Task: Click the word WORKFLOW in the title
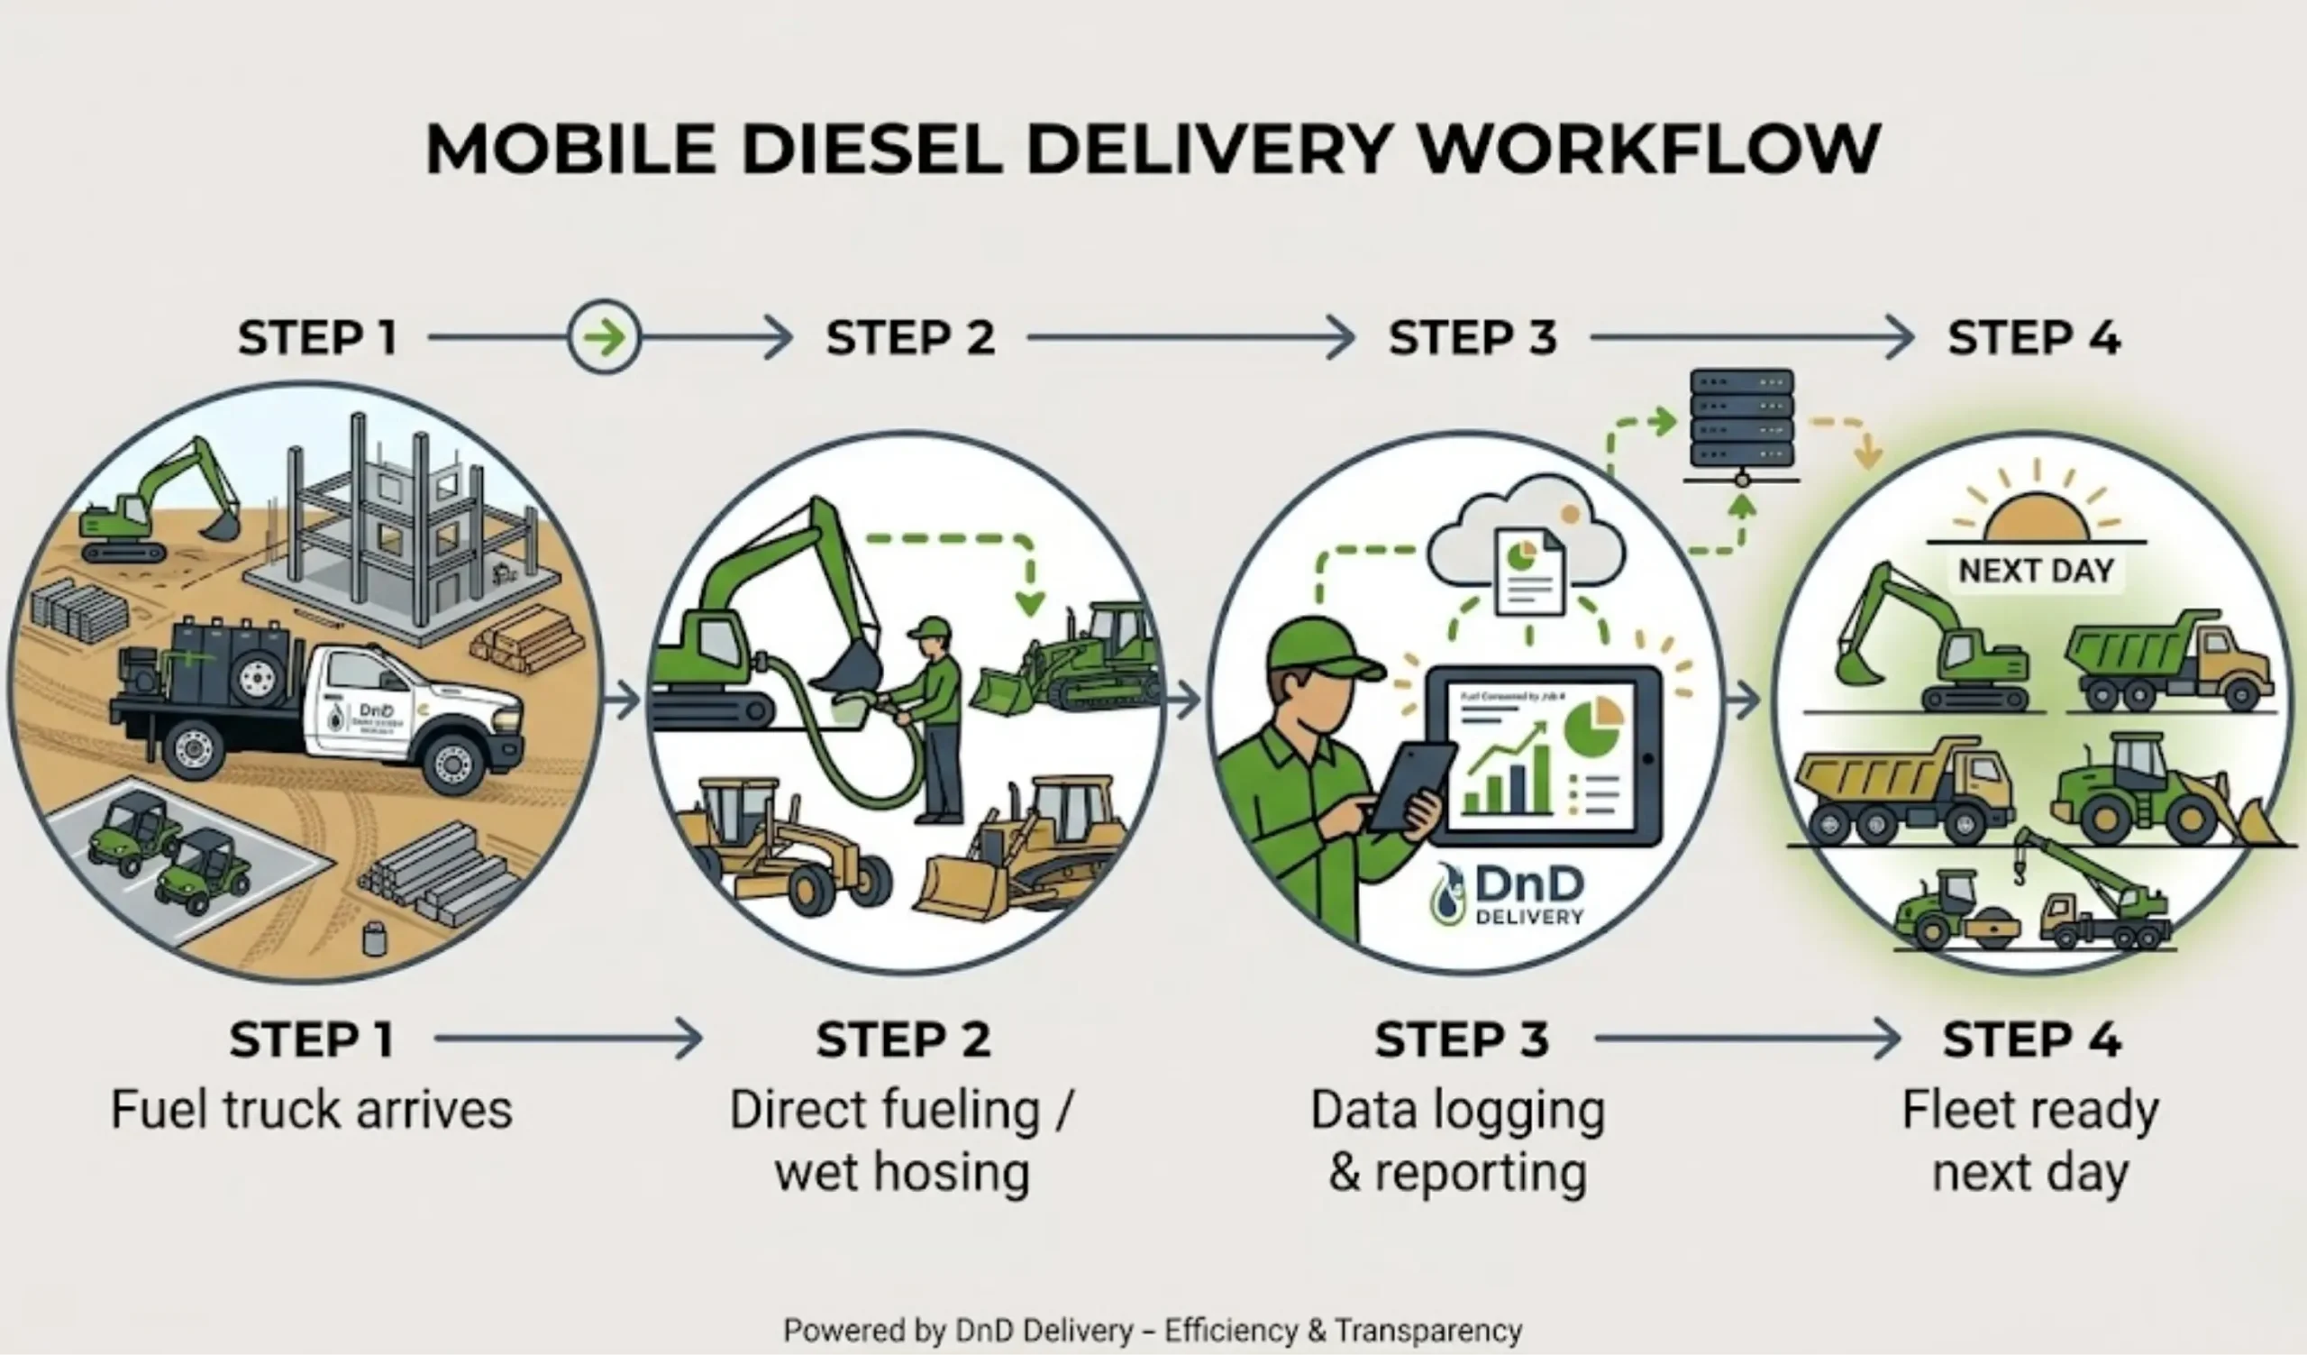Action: click(x=1648, y=150)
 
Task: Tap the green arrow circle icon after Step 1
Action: click(x=603, y=337)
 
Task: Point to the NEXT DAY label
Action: click(x=2036, y=571)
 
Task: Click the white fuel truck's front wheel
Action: click(x=454, y=760)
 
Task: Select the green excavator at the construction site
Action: click(x=156, y=504)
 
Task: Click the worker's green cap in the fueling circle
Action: click(x=932, y=628)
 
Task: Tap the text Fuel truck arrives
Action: click(x=311, y=1110)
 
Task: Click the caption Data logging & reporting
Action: click(x=1457, y=1140)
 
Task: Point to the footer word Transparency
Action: click(x=1428, y=1330)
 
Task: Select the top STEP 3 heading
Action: click(x=1473, y=337)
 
